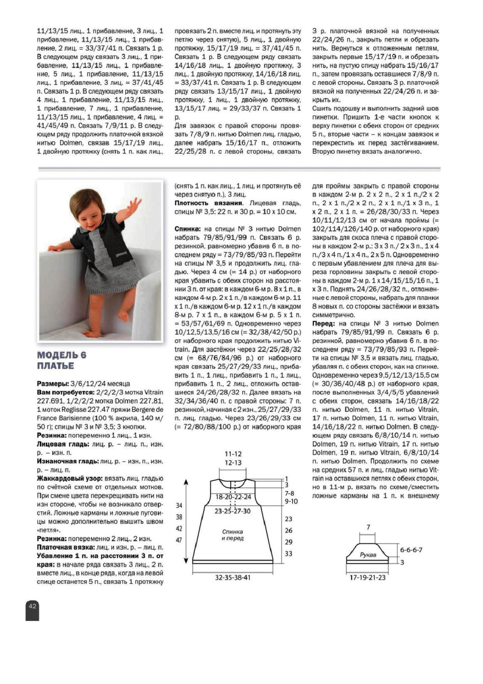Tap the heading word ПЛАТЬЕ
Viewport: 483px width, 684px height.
56,366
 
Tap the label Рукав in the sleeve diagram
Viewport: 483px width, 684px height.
368,555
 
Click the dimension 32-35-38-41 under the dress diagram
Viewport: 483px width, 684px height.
233,578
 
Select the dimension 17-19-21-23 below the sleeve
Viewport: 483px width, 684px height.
367,578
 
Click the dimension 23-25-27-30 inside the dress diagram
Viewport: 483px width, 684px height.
233,511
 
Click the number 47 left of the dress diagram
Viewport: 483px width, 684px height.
179,540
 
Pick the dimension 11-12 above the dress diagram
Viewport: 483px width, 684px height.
233,454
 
